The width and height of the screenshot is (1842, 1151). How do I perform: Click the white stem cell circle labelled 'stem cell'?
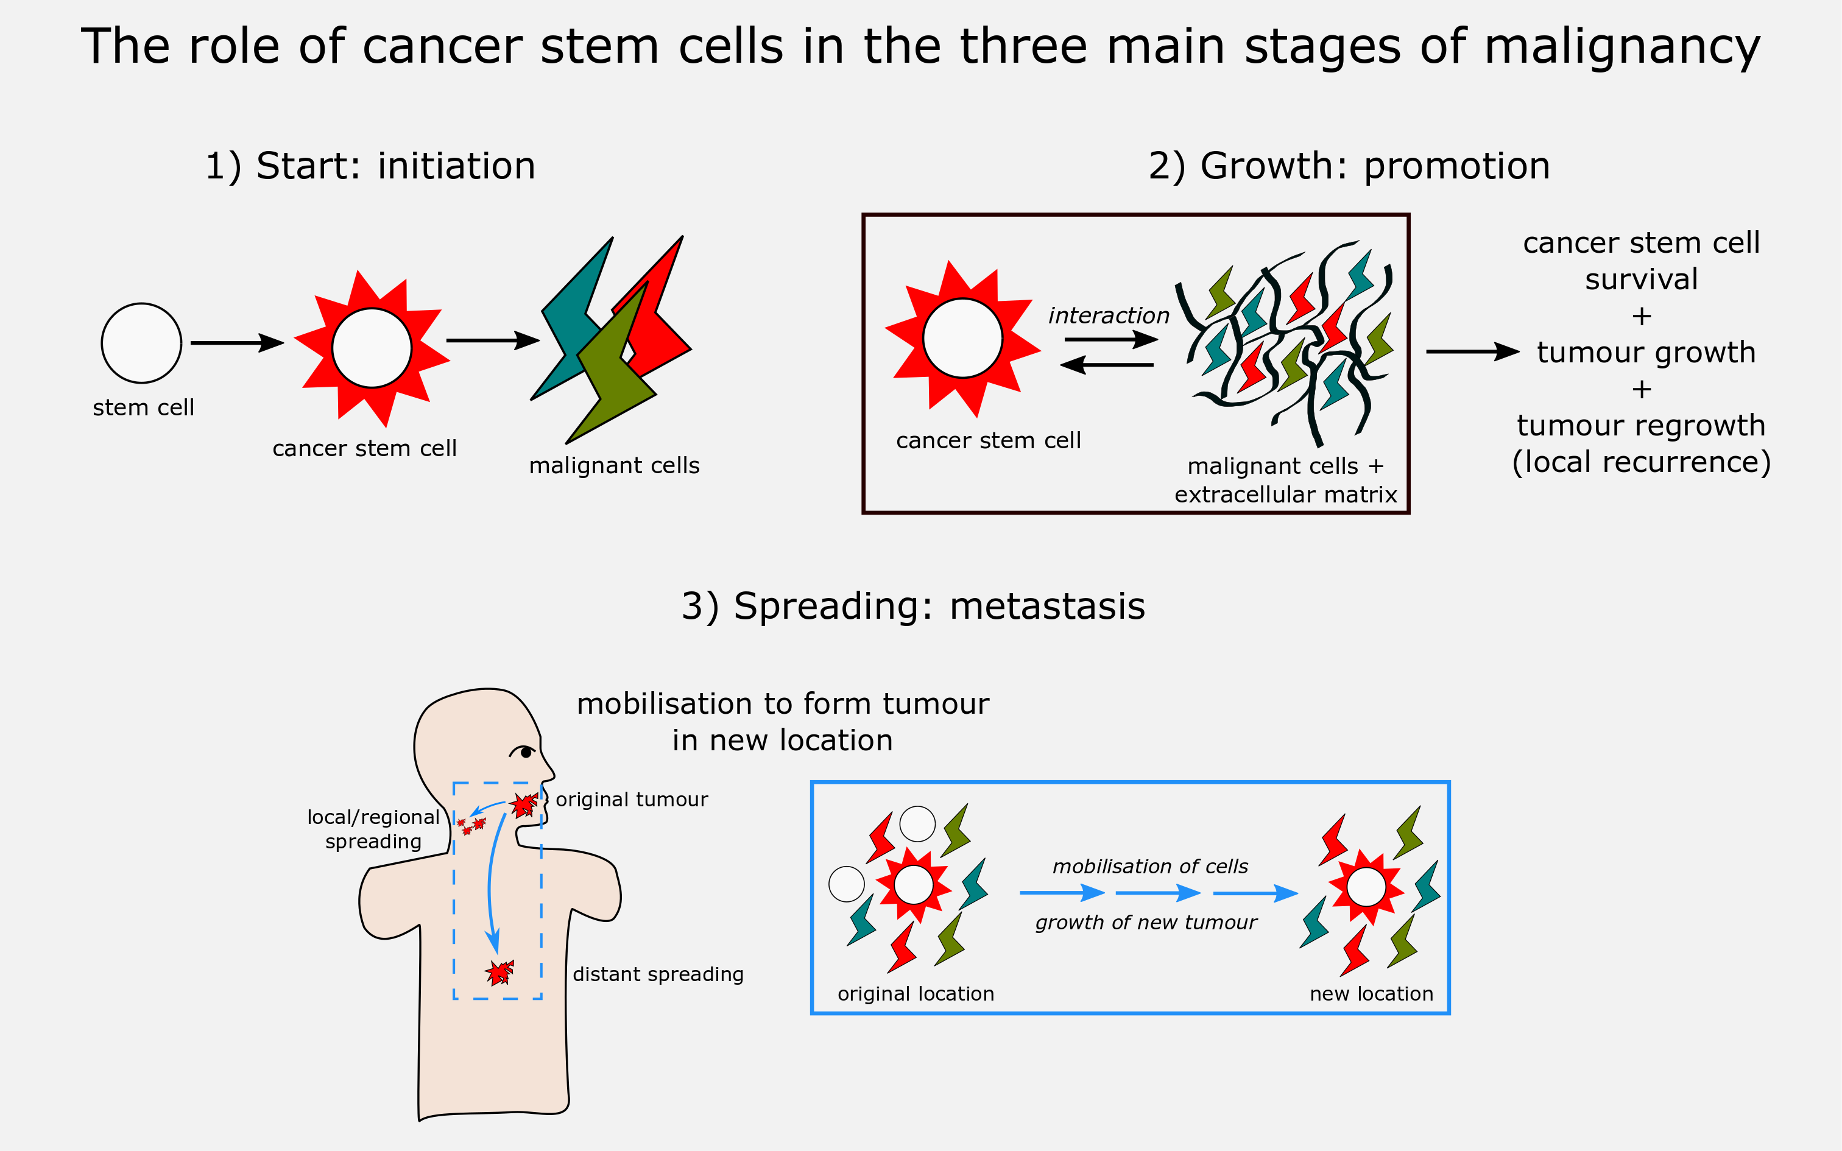click(x=141, y=343)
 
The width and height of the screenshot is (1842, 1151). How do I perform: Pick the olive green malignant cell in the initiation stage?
click(x=613, y=373)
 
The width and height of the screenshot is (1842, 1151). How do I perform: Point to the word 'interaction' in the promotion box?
click(x=1108, y=315)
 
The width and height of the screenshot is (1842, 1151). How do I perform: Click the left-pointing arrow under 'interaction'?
click(x=1107, y=365)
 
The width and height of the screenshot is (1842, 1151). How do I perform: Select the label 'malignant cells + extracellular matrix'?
click(x=1286, y=480)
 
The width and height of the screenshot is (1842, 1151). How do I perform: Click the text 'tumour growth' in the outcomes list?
click(x=1646, y=353)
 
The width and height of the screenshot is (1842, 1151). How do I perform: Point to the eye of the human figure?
click(x=525, y=753)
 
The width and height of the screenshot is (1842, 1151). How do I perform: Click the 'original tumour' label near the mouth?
click(x=632, y=799)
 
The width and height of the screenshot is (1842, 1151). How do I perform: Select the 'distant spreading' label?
click(x=658, y=974)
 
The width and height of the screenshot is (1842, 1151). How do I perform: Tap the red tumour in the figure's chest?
click(x=499, y=972)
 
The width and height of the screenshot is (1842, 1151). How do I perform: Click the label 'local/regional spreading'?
click(x=373, y=829)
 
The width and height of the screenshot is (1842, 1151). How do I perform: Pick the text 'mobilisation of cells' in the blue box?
click(x=1150, y=866)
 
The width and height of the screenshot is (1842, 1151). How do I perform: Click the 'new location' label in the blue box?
click(x=1372, y=993)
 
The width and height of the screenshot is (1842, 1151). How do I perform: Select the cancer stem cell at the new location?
click(x=1366, y=887)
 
